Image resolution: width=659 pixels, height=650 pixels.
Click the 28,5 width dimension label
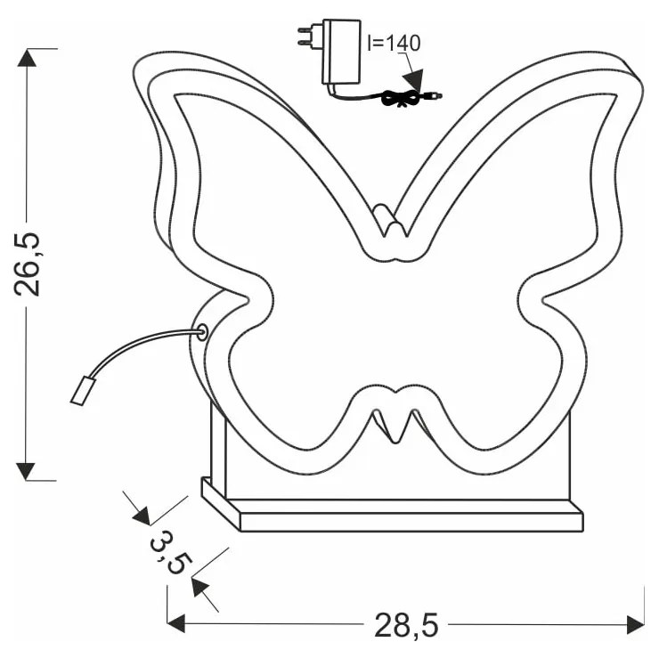406,625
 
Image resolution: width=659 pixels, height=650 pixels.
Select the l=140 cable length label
394,42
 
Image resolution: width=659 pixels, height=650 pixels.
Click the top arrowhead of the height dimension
28,58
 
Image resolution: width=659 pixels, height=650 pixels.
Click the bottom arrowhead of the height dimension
28,470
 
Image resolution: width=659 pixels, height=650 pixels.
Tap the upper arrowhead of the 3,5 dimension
141,514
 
